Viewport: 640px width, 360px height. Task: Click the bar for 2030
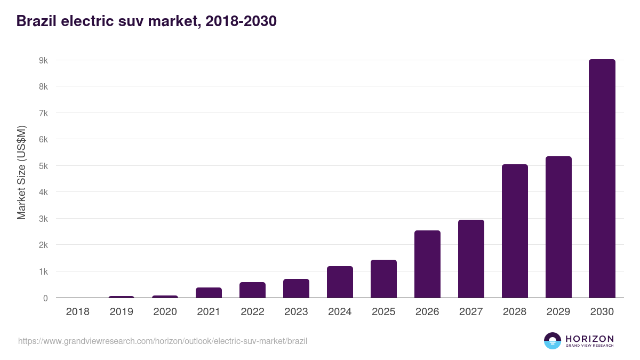602,179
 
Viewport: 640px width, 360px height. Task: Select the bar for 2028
515,231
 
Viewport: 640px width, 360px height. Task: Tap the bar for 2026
427,264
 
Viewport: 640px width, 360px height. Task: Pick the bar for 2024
340,282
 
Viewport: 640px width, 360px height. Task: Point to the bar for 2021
209,292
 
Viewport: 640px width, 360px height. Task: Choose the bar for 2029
558,227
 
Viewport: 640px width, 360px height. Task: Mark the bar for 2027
471,259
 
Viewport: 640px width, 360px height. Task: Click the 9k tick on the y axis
43,60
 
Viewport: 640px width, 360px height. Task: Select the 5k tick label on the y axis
43,166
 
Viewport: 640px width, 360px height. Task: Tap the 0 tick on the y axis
45,298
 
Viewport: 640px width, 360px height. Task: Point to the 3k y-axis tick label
43,219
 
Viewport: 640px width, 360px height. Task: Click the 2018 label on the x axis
77,312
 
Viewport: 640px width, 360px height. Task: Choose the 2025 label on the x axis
383,312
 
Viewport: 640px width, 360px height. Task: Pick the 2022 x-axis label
252,312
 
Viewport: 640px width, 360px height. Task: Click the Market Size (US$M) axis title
21,172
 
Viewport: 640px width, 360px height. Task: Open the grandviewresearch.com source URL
163,341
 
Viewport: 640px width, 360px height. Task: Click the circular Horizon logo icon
553,341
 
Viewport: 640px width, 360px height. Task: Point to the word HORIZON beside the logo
589,339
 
